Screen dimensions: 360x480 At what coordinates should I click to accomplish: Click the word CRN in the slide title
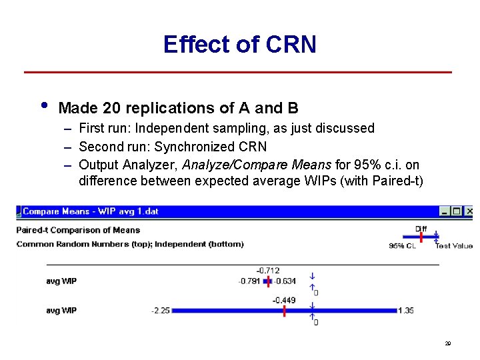[x=290, y=45]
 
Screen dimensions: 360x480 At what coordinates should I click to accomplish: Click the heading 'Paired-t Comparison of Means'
[x=78, y=230]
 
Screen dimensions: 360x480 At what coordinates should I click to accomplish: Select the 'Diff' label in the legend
[x=421, y=229]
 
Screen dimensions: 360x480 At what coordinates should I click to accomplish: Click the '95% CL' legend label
[x=403, y=245]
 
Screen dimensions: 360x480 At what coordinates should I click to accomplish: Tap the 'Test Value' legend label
[x=454, y=245]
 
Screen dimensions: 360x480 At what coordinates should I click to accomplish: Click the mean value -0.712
[x=268, y=271]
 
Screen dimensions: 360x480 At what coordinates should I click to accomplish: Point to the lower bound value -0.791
[x=249, y=281]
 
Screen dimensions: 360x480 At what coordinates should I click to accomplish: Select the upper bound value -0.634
[x=285, y=281]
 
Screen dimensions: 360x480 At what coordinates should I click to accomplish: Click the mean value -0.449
[x=283, y=300]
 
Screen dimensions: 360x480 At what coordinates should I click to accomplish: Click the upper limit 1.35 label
[x=406, y=311]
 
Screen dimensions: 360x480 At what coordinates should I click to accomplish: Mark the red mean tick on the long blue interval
[x=283, y=311]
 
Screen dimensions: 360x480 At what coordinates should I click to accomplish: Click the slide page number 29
[x=448, y=344]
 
